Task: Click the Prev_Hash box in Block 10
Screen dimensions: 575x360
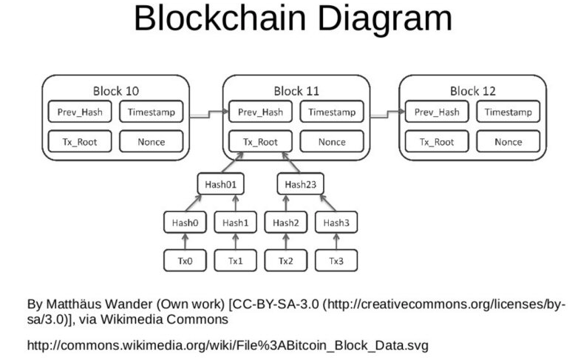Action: click(x=80, y=112)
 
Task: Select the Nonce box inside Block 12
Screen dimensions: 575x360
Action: click(x=508, y=141)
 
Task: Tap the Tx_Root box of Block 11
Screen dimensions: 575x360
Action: click(x=260, y=141)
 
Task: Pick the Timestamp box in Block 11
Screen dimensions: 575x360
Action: click(x=332, y=112)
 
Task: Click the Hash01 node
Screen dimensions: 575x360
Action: click(x=220, y=184)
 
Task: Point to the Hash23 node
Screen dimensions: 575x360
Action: click(x=300, y=184)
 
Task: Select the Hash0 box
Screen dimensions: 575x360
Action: click(x=185, y=223)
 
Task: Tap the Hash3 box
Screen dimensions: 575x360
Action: click(x=336, y=223)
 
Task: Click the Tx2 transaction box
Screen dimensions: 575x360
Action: click(x=286, y=261)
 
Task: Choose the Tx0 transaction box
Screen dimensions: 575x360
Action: click(x=185, y=261)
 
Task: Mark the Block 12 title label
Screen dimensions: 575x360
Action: click(x=473, y=91)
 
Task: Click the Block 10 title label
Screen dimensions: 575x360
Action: click(x=116, y=91)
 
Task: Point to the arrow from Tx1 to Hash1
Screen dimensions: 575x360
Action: click(x=236, y=242)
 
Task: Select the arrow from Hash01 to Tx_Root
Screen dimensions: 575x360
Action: click(x=233, y=163)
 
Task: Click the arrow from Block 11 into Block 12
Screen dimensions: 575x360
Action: click(x=387, y=114)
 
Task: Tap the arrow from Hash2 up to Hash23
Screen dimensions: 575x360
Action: click(x=286, y=203)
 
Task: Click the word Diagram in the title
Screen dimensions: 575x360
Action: click(x=384, y=18)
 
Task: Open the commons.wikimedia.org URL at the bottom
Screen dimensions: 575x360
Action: click(x=228, y=346)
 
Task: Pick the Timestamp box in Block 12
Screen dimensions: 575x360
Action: click(x=508, y=112)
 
